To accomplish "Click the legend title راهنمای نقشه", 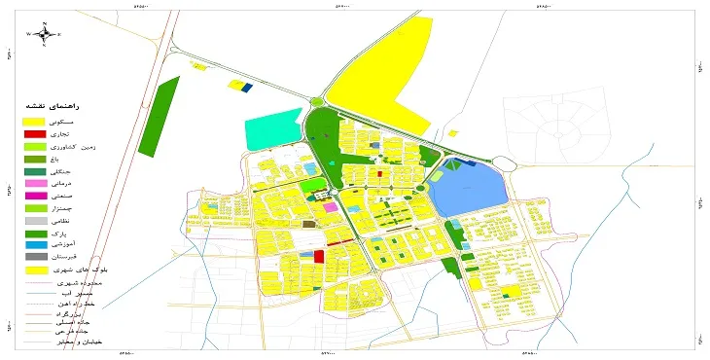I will [62, 104].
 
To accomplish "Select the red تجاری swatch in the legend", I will [34, 132].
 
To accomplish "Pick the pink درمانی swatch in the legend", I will [34, 183].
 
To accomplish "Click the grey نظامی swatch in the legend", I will [34, 221].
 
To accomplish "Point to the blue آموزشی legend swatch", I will [34, 245].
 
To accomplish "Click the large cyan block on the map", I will [273, 130].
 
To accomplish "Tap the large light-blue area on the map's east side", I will [468, 190].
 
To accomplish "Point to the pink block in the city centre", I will [331, 207].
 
